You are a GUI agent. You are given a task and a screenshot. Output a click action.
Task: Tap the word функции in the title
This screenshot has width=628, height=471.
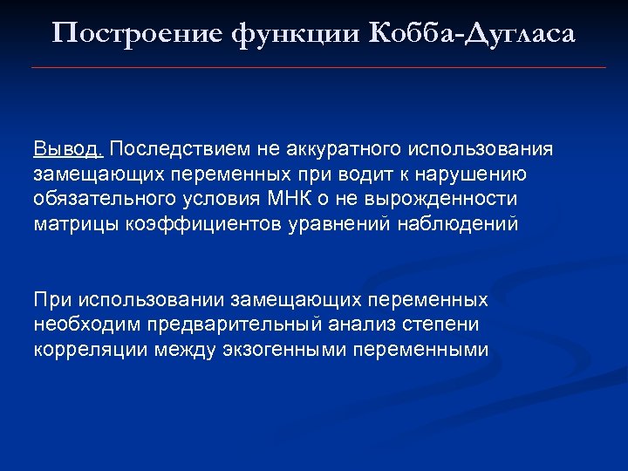pyautogui.click(x=277, y=33)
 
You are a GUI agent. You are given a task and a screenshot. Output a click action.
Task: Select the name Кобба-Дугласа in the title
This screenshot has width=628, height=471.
pyautogui.click(x=472, y=33)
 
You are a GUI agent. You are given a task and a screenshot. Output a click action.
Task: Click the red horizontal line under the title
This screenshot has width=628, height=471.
pyautogui.click(x=318, y=67)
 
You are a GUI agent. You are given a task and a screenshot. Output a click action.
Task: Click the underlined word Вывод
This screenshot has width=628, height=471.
pyautogui.click(x=69, y=147)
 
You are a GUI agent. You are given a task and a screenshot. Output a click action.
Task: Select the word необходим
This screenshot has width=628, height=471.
pyautogui.click(x=85, y=325)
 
